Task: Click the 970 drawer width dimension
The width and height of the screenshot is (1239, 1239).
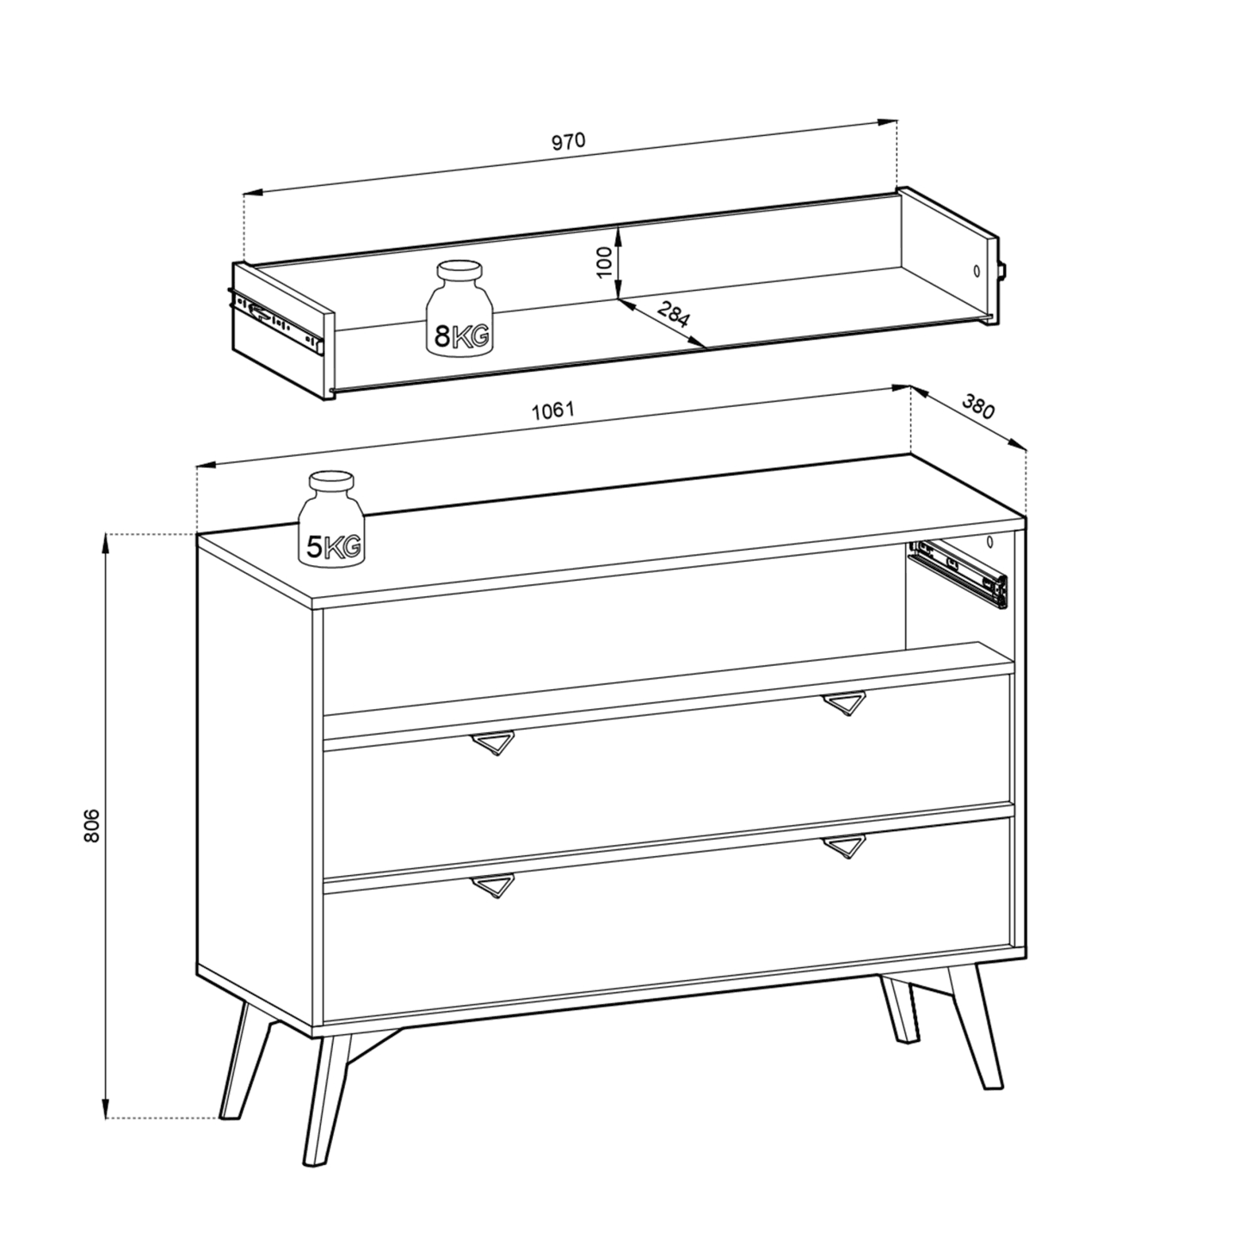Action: [569, 141]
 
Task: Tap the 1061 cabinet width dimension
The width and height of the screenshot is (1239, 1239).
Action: [553, 410]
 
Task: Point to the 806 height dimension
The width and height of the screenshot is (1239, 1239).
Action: [93, 826]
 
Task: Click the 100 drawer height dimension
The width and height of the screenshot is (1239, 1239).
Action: [604, 262]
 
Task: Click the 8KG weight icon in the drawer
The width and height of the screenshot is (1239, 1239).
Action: [459, 307]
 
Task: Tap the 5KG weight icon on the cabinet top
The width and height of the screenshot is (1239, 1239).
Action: [331, 520]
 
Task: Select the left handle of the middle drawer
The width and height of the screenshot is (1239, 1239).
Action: [493, 742]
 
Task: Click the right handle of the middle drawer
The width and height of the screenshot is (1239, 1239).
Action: [844, 703]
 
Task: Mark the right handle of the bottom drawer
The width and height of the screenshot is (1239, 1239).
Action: [844, 847]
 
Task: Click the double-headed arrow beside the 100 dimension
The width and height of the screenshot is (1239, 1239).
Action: [618, 262]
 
